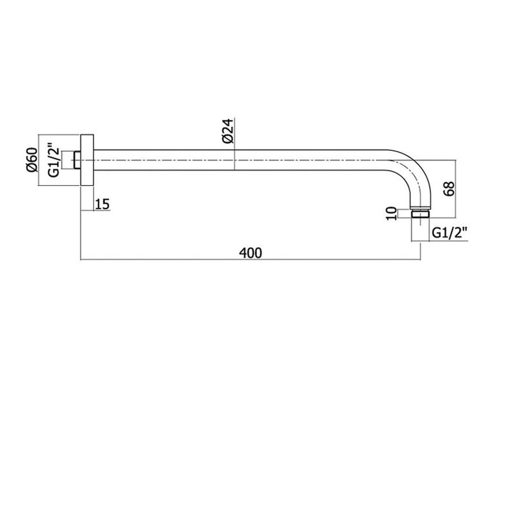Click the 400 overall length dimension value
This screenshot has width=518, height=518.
coord(251,253)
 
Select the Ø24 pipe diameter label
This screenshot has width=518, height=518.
coord(229,131)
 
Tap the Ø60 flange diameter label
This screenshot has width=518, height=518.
coord(32,160)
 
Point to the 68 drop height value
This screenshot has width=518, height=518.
coord(450,189)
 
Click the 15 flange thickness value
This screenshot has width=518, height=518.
coord(102,204)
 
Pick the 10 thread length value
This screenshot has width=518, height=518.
coord(391,214)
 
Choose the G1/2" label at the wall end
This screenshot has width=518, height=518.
coord(54,160)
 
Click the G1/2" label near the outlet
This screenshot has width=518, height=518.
coord(449,233)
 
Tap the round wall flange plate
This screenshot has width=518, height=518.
coord(87,160)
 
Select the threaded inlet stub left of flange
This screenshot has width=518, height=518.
coord(77,160)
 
